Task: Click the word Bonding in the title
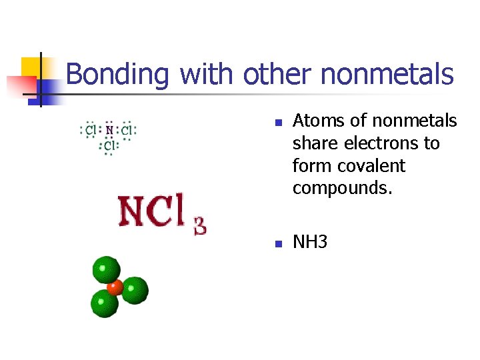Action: pos(118,74)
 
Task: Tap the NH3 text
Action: pos(310,241)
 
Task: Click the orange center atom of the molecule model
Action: pos(114,288)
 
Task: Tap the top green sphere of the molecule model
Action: pos(105,270)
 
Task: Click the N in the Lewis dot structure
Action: pos(109,130)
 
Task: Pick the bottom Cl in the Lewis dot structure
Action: pos(108,144)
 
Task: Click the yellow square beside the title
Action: pos(33,67)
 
